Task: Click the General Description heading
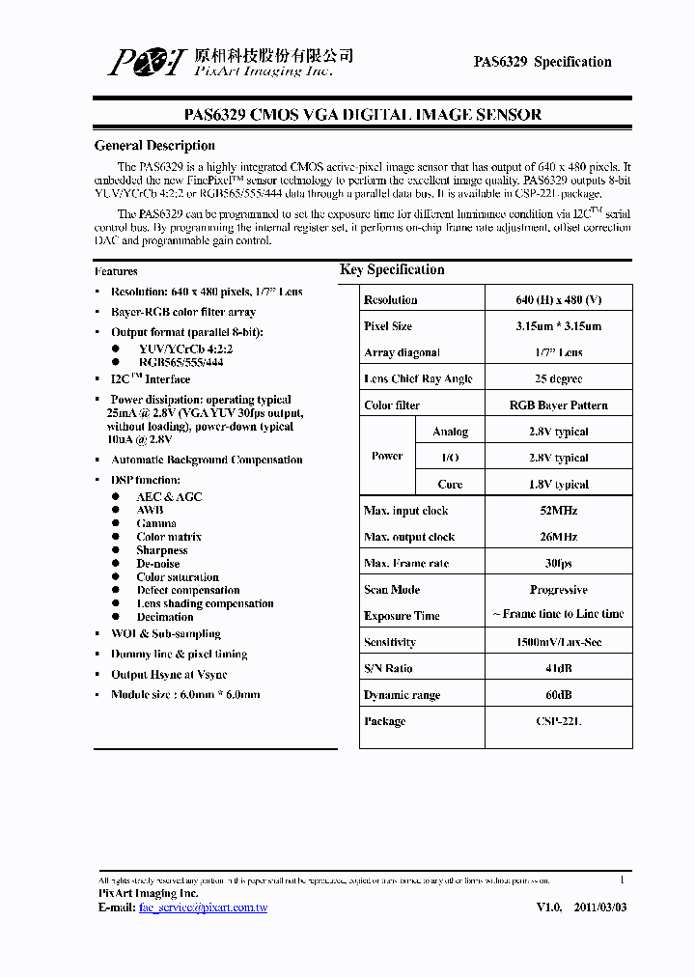pos(154,146)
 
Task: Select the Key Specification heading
pos(392,270)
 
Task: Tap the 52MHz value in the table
pos(558,511)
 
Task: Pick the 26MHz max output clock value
pos(558,537)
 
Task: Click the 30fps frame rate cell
pos(558,563)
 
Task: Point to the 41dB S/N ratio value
pos(558,668)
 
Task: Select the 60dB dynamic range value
pos(558,695)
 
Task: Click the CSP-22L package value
pos(558,721)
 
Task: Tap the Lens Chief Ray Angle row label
pos(418,379)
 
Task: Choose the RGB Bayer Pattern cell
pos(558,405)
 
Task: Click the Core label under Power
pos(450,485)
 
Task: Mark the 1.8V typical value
pos(558,485)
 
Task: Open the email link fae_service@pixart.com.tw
pos(203,907)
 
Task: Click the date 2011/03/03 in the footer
pos(600,907)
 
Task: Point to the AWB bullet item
pos(150,510)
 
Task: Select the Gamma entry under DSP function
pos(156,523)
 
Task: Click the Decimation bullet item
pos(165,617)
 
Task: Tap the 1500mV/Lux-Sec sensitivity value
pos(558,642)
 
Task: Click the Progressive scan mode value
pos(558,590)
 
